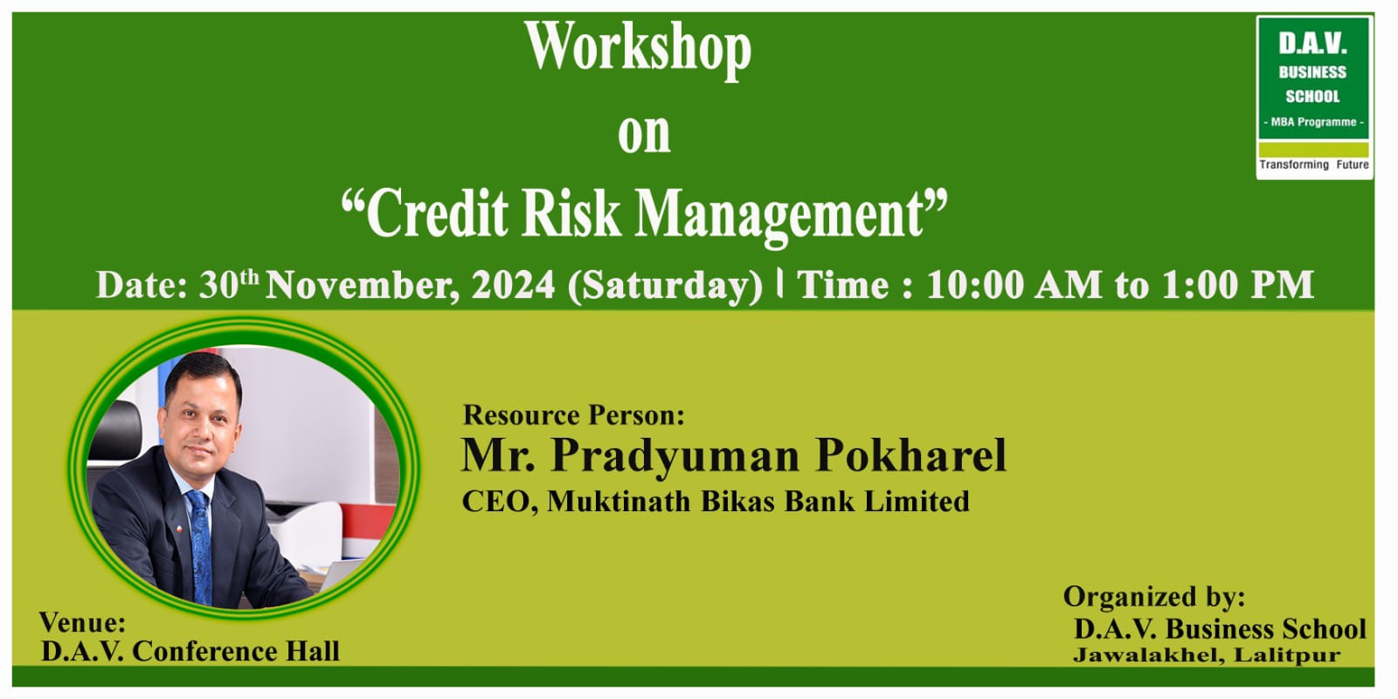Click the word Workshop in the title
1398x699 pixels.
pyautogui.click(x=638, y=49)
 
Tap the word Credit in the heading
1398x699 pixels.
pyautogui.click(x=437, y=213)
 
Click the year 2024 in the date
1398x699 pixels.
pyautogui.click(x=513, y=285)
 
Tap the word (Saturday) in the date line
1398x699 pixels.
pyautogui.click(x=665, y=287)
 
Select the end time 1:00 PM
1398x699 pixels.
pyautogui.click(x=1237, y=285)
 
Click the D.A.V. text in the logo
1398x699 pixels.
pyautogui.click(x=1312, y=44)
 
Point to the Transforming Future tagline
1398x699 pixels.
pyautogui.click(x=1314, y=165)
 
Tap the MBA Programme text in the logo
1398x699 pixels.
pyautogui.click(x=1314, y=122)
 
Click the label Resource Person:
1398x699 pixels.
pyautogui.click(x=573, y=416)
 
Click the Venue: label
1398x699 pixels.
pyautogui.click(x=82, y=623)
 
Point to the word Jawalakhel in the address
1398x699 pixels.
pyautogui.click(x=1148, y=655)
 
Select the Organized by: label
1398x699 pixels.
pyautogui.click(x=1154, y=598)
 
